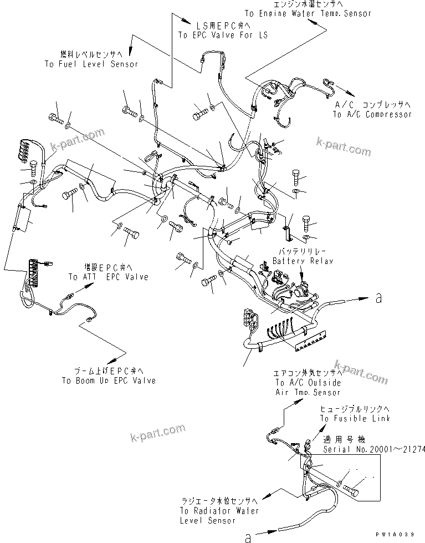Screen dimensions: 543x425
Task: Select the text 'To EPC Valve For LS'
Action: coord(222,35)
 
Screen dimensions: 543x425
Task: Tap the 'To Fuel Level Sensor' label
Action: coord(91,64)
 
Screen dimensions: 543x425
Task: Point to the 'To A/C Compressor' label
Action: coord(372,114)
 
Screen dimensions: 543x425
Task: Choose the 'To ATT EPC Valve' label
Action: coord(108,277)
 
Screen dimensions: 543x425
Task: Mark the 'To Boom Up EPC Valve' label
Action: coord(108,380)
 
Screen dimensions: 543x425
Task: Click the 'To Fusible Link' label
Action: coord(355,418)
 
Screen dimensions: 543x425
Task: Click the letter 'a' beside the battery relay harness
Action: coord(378,299)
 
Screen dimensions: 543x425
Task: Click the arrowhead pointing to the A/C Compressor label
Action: coord(350,93)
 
